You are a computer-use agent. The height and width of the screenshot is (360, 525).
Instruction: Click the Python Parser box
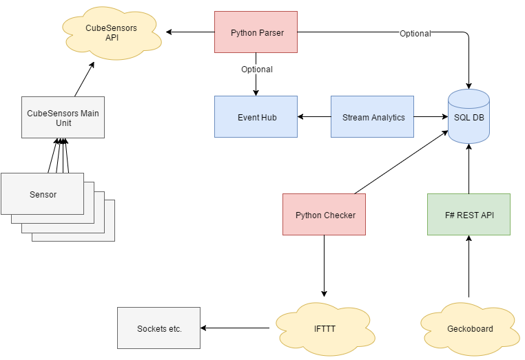[x=256, y=32]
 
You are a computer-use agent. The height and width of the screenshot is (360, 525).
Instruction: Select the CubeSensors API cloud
[x=111, y=32]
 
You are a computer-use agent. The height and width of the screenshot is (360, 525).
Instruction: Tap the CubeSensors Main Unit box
[x=63, y=118]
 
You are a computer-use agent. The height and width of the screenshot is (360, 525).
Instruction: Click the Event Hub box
[x=256, y=117]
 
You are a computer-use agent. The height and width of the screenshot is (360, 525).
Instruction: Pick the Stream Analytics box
[x=372, y=117]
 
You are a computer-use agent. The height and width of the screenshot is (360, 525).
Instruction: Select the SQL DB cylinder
[x=469, y=117]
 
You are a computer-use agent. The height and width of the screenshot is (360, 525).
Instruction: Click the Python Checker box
[x=325, y=215]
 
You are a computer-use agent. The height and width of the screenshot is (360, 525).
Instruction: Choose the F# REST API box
[x=469, y=215]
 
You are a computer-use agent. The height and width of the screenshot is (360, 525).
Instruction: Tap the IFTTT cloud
[x=325, y=329]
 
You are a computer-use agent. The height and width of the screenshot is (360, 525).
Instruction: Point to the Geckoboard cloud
[x=469, y=329]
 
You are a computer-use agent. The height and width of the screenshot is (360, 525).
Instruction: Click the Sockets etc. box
[x=159, y=328]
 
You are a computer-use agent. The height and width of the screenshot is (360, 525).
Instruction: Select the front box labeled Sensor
[x=43, y=194]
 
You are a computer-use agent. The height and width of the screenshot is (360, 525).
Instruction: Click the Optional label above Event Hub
[x=256, y=70]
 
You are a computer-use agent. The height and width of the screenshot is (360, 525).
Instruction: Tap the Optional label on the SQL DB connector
[x=415, y=34]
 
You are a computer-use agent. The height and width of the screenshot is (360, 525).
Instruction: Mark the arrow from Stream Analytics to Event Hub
[x=314, y=117]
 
